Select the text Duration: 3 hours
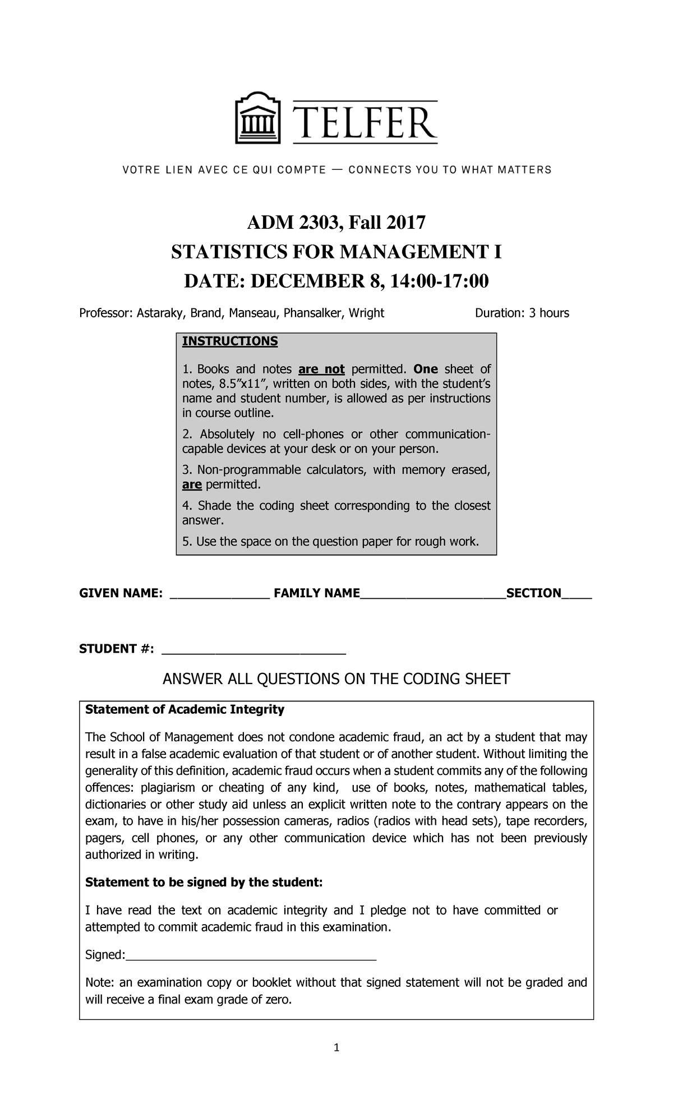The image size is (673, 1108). tap(522, 313)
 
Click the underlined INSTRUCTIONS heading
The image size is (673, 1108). tap(230, 341)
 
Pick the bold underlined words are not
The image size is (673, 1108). tap(321, 369)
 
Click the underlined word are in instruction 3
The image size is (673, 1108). tap(192, 484)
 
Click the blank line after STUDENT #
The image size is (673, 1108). tap(253, 651)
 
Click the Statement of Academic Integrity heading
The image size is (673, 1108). tap(185, 709)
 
